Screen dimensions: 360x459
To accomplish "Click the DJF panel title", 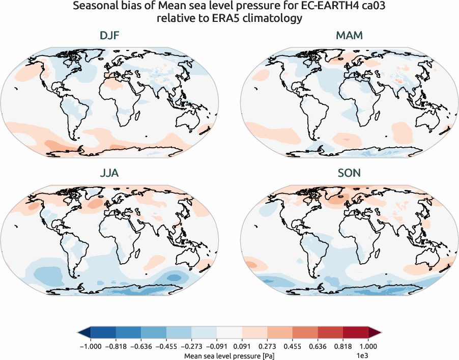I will (109, 36).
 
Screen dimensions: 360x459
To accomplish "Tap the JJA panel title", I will (109, 173).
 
